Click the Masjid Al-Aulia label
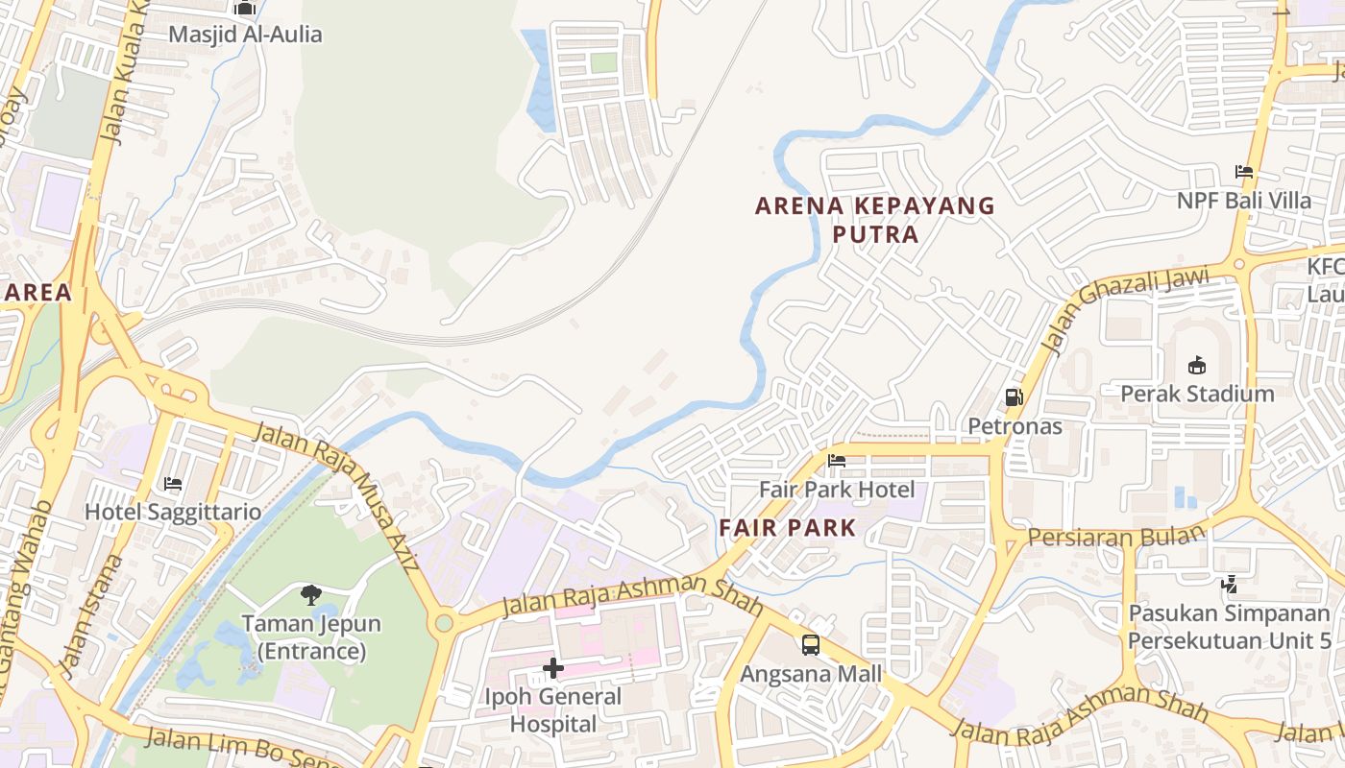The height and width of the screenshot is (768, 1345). point(245,35)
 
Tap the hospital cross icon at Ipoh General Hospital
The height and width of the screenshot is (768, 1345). point(553,668)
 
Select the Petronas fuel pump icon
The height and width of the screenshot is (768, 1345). point(1014,396)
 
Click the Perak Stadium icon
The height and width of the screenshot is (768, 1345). point(1197,365)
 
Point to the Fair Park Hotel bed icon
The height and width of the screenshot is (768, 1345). point(837,461)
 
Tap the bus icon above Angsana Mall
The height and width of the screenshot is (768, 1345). point(811,644)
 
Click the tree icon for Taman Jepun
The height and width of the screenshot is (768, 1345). point(310,595)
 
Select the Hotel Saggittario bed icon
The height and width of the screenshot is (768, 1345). point(173,484)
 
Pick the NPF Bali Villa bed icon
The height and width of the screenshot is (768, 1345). point(1244,172)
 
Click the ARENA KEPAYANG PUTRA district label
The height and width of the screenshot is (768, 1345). point(874,220)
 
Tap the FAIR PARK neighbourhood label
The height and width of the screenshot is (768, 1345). point(787,527)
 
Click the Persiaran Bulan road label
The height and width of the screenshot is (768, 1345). point(1115,536)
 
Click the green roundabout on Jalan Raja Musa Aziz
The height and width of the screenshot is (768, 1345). point(443,623)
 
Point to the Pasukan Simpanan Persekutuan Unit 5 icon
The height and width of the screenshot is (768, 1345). point(1229,584)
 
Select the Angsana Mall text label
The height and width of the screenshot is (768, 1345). point(811,674)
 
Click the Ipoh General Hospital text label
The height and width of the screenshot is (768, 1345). point(553,709)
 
